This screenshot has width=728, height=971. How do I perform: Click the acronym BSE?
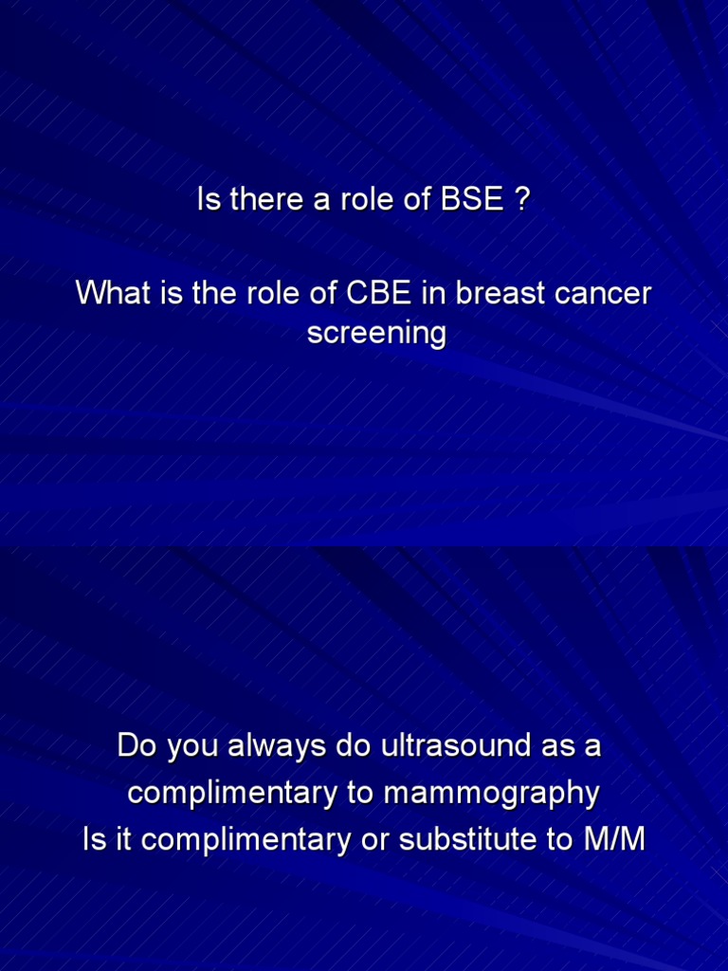tap(471, 199)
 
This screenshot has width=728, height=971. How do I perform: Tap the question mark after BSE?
tap(522, 199)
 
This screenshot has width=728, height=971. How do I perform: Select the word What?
tap(114, 292)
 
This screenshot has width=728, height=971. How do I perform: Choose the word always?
tap(277, 745)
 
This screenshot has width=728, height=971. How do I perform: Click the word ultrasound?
tap(456, 745)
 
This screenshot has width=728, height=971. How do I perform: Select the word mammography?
tap(492, 794)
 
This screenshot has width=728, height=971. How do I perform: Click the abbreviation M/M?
tap(614, 840)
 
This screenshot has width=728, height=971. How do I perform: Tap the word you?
tap(192, 748)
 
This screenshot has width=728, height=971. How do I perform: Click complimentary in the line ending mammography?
tap(233, 794)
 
